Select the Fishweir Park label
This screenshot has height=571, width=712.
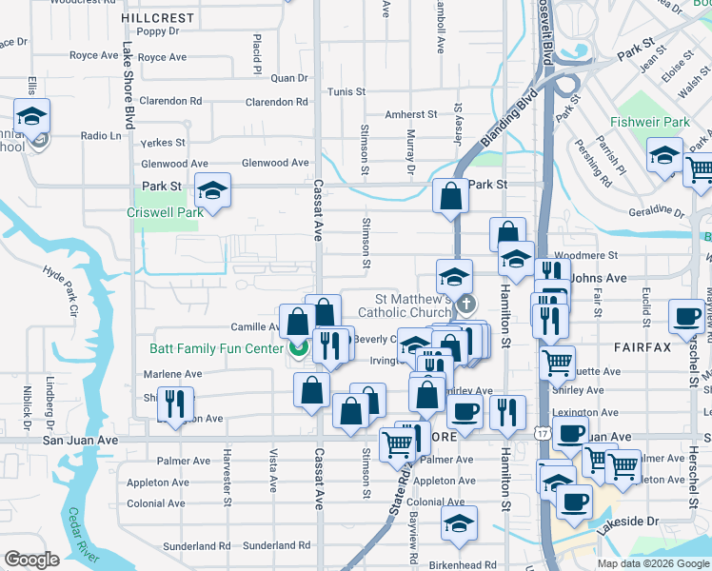(x=650, y=123)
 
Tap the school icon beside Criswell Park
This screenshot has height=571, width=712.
(x=212, y=191)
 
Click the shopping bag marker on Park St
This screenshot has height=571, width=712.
(x=450, y=197)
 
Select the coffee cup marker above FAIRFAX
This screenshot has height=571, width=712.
(x=685, y=317)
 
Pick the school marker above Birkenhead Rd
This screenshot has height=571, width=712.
(x=460, y=523)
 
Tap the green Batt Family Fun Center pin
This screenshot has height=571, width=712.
(x=298, y=349)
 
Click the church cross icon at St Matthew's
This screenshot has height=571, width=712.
(x=465, y=305)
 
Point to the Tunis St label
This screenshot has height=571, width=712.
(x=346, y=92)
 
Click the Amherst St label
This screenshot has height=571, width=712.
(x=410, y=114)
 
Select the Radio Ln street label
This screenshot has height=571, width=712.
(x=101, y=136)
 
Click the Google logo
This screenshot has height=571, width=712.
(x=31, y=560)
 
